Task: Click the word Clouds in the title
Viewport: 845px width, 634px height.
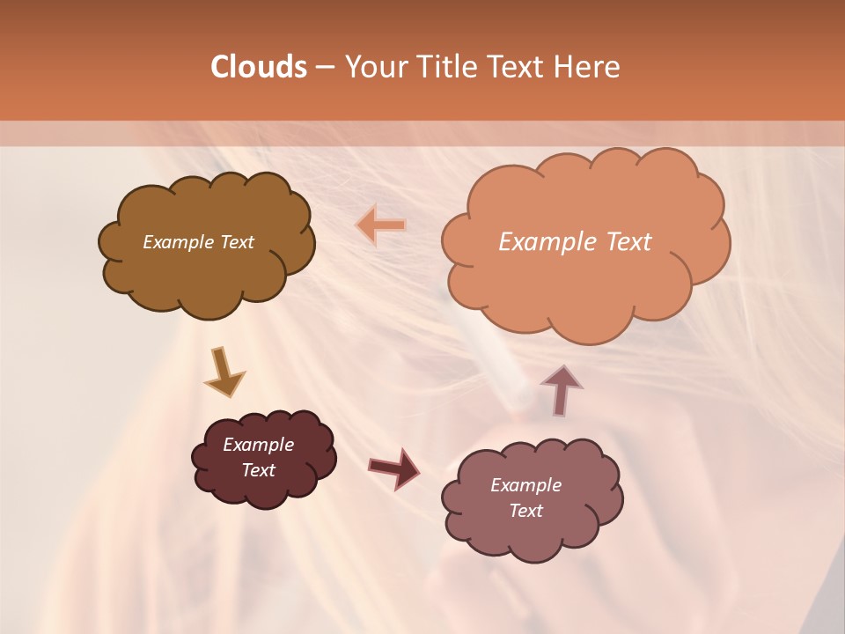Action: [x=258, y=67]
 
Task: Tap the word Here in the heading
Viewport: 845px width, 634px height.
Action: [x=586, y=67]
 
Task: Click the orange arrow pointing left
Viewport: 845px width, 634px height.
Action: [x=382, y=225]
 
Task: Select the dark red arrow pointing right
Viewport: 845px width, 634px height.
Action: [x=393, y=468]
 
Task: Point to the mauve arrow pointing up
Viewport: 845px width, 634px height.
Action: [x=561, y=389]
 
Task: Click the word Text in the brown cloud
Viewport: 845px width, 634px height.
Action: [x=237, y=242]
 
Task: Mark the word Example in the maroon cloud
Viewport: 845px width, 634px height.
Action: [x=258, y=445]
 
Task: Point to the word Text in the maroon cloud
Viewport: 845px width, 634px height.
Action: [x=258, y=470]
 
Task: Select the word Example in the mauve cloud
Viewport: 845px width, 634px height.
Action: [x=525, y=485]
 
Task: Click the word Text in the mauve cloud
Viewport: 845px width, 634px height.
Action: [x=525, y=511]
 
